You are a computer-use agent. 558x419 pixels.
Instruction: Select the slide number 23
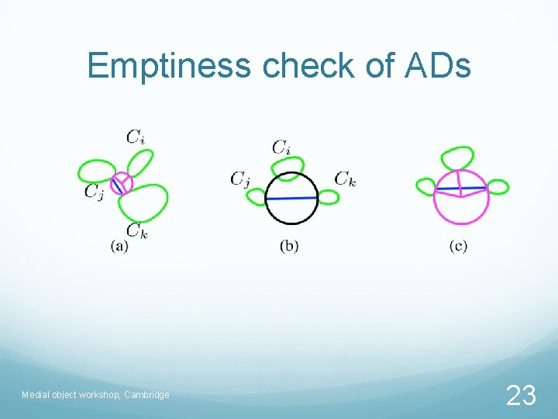click(520, 396)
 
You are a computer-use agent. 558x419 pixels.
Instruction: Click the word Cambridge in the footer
click(145, 395)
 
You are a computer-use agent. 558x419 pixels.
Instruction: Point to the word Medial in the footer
click(36, 395)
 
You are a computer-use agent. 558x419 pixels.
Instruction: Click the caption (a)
click(119, 246)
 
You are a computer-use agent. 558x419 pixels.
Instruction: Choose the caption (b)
click(289, 246)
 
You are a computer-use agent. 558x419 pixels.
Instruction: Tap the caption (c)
click(458, 246)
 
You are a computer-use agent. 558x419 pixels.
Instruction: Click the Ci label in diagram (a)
click(135, 137)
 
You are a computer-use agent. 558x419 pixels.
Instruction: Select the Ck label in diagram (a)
click(136, 230)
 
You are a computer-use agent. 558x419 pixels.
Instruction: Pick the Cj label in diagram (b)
click(239, 179)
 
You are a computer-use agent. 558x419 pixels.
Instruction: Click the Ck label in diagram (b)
click(345, 178)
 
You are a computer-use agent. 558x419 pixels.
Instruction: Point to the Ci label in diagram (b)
click(281, 146)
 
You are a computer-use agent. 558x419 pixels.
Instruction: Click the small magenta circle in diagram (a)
click(121, 184)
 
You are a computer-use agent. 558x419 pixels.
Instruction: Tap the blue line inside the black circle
click(291, 199)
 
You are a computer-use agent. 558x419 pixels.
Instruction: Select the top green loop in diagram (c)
click(457, 158)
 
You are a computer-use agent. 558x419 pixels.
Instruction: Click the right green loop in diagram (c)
click(497, 187)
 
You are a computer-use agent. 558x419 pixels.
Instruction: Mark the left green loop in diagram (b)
click(257, 198)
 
